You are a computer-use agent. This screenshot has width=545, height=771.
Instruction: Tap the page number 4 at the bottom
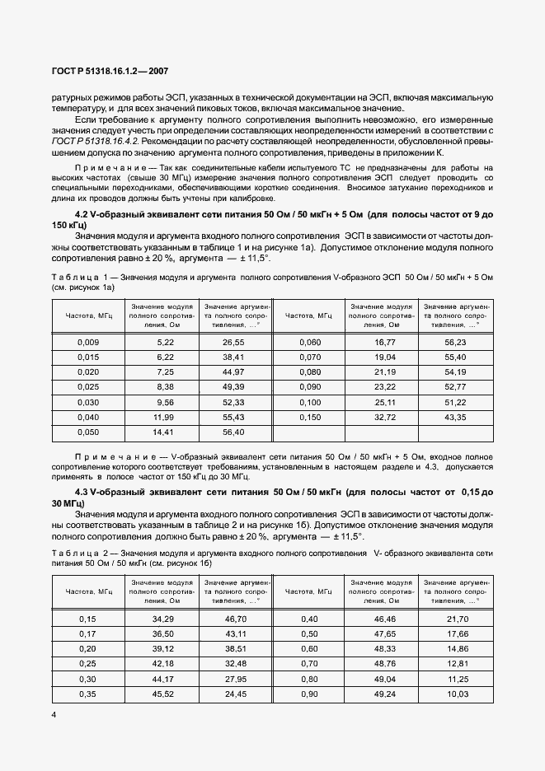pos(54,715)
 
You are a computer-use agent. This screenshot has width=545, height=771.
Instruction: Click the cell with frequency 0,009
pos(88,342)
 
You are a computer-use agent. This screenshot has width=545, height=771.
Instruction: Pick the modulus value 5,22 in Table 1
pos(165,342)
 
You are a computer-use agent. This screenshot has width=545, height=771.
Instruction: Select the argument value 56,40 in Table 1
pos(234,432)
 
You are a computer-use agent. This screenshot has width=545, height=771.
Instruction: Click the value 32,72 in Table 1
pos(385,417)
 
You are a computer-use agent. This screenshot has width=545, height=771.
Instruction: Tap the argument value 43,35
pos(455,417)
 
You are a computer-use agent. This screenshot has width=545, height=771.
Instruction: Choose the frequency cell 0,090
pos(309,386)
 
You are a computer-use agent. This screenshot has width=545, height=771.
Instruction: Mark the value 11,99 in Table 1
pos(163,417)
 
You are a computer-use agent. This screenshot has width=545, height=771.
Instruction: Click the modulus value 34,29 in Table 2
pos(163,619)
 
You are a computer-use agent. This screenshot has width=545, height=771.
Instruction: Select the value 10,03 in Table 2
pos(455,694)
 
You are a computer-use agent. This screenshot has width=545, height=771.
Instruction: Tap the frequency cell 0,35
pos(88,694)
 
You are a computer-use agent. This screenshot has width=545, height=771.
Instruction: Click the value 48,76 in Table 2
pos(385,663)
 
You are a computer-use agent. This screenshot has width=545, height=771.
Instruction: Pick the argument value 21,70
pos(455,619)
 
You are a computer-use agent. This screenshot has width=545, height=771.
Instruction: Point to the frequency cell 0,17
pos(88,633)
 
